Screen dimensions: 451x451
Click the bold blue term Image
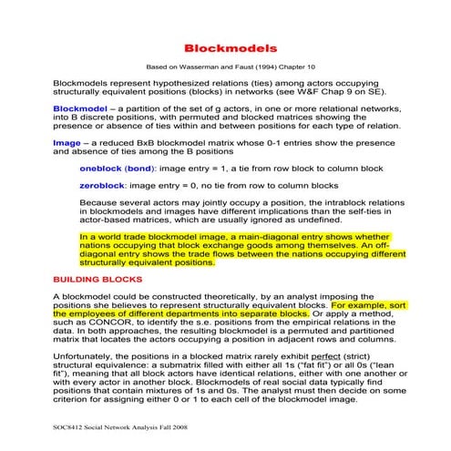[x=67, y=142]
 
